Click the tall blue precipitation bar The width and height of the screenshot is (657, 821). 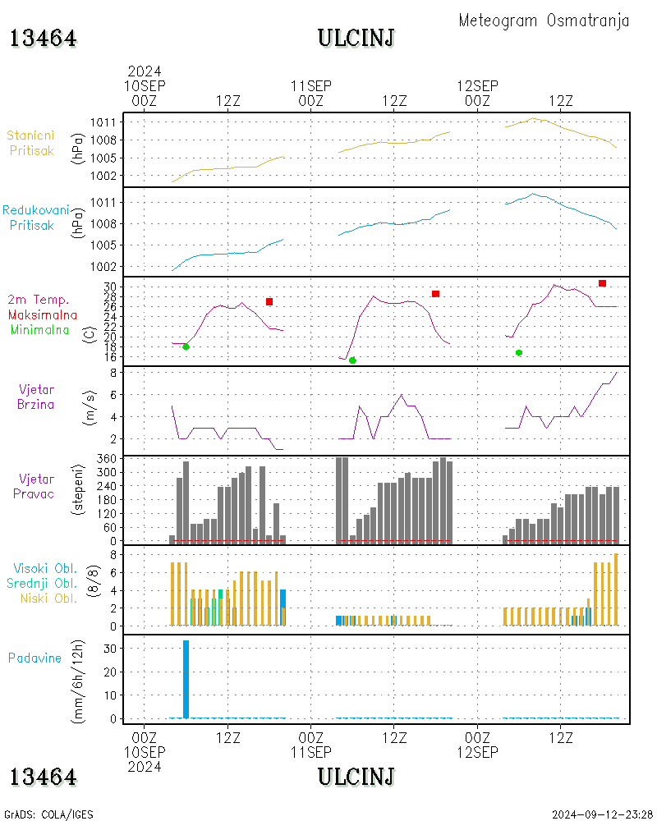186,679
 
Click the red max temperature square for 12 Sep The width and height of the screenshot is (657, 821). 602,283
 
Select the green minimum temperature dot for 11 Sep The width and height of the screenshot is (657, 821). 352,360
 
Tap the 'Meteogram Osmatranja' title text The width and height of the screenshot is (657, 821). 544,21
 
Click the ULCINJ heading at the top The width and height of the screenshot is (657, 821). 356,38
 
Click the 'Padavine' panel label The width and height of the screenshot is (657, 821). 34,658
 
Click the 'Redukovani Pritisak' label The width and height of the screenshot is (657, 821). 35,218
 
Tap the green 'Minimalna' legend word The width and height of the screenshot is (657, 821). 40,329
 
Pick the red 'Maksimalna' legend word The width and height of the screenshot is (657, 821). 43,314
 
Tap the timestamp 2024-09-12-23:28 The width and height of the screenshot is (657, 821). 603,814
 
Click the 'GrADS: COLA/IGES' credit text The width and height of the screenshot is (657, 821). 48,814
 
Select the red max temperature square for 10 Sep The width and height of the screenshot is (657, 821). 269,302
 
